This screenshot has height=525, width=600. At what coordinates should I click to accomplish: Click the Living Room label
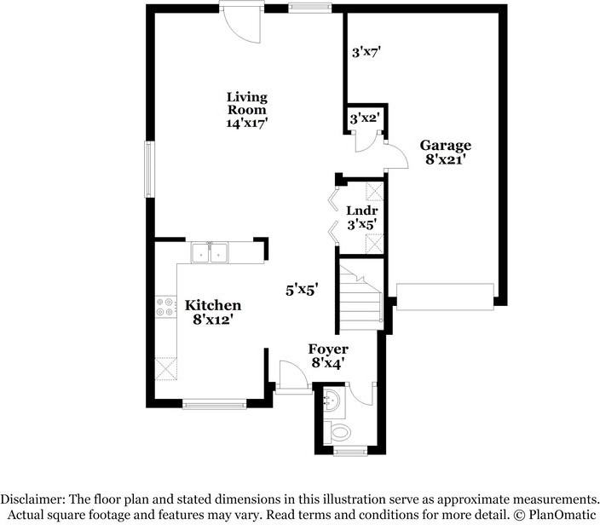(247, 103)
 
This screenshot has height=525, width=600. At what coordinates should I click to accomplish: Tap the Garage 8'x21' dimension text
(446, 159)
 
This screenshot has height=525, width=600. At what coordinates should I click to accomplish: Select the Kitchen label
(213, 305)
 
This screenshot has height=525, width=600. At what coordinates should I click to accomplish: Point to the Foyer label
(328, 349)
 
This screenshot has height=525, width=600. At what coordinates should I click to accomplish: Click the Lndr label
(362, 211)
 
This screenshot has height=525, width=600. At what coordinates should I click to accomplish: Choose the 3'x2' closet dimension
(364, 118)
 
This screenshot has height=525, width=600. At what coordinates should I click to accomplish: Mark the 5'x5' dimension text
(303, 290)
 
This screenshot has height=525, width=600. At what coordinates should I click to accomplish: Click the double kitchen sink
(210, 252)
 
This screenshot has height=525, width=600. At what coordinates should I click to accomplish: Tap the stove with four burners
(165, 307)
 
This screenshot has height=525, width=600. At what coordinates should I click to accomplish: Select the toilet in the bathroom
(337, 433)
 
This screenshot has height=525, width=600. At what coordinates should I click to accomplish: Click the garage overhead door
(445, 297)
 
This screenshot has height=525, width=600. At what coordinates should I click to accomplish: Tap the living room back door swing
(243, 23)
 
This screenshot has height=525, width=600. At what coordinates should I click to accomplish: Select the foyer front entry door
(293, 377)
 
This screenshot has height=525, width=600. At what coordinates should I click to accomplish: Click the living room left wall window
(149, 170)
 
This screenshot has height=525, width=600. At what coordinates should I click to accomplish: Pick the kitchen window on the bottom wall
(214, 405)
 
